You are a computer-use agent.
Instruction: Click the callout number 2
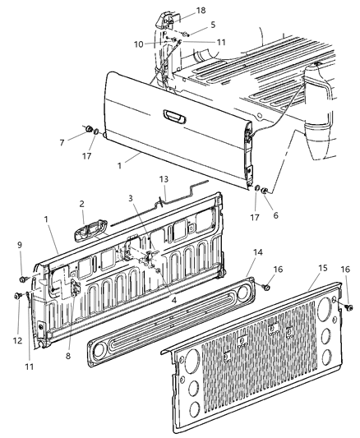81,204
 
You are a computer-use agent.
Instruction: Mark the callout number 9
19,244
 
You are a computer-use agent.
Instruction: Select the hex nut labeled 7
86,129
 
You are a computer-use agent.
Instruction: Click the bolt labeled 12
17,295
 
